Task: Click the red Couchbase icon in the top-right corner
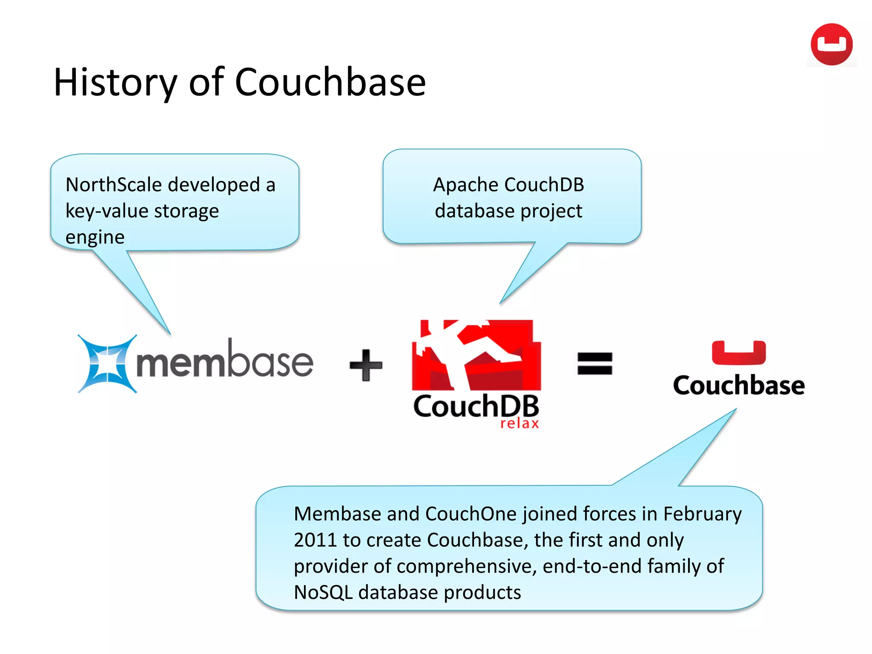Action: [831, 44]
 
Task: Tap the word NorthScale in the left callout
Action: [114, 185]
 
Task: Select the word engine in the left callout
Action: [95, 238]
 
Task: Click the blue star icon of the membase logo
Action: [108, 364]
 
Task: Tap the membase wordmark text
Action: [224, 361]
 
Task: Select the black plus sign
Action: [366, 365]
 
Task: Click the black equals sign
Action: [594, 364]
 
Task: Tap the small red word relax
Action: [519, 424]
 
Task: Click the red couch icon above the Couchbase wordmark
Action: [739, 353]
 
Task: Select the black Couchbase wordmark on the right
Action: [739, 385]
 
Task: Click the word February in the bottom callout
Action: [702, 514]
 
